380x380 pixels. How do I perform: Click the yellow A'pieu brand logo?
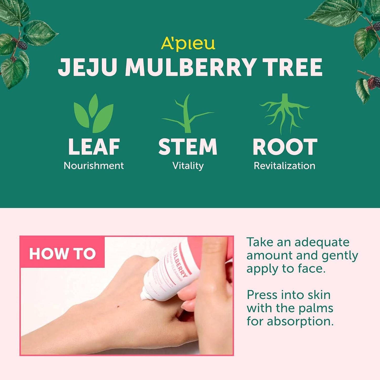coord(188,44)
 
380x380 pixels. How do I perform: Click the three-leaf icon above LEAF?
coord(94,114)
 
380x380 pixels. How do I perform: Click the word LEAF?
coord(94,147)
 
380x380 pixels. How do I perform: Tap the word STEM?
coord(188,147)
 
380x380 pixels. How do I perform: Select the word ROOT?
coord(285,147)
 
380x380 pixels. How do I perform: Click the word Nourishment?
coord(94,166)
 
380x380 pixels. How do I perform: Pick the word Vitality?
coord(188,166)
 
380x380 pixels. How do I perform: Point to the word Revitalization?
coord(284,166)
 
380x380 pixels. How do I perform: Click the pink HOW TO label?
coord(62,254)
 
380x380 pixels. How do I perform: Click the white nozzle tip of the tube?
coord(144,296)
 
